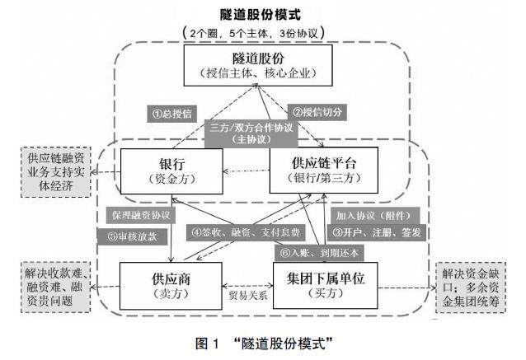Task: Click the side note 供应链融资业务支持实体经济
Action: click(x=56, y=171)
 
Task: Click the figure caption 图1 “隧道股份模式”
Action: click(x=263, y=341)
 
